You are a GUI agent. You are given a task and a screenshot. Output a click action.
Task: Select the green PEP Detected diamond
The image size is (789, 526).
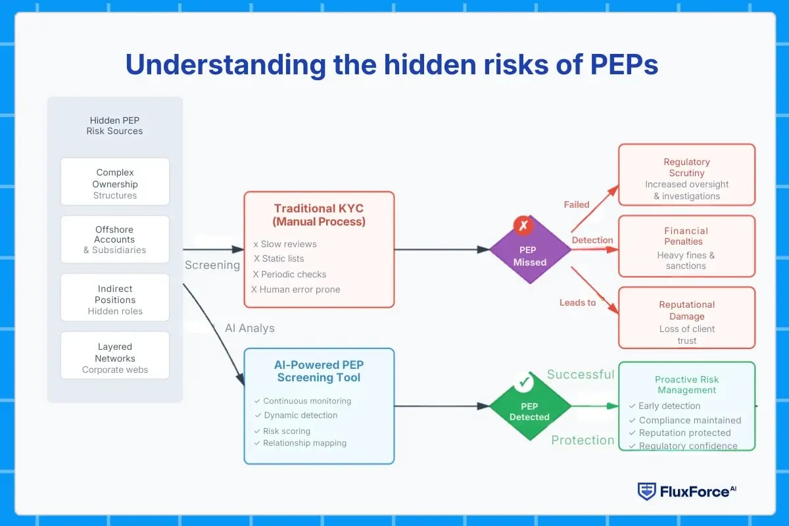click(530, 406)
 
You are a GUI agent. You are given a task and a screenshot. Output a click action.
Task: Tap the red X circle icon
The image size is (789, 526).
click(524, 226)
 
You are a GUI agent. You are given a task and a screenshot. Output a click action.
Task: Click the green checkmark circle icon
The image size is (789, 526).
click(524, 381)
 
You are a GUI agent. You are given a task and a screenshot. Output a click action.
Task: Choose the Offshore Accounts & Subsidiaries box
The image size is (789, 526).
click(115, 239)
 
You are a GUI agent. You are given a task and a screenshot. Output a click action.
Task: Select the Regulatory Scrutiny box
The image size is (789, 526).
click(686, 174)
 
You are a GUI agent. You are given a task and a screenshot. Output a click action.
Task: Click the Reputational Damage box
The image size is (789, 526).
click(686, 318)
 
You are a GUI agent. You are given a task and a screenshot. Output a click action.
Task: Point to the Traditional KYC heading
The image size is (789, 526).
click(319, 215)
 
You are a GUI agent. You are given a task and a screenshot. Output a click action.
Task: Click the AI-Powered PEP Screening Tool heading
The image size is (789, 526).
click(319, 371)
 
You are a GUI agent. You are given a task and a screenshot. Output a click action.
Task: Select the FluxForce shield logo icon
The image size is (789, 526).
click(646, 491)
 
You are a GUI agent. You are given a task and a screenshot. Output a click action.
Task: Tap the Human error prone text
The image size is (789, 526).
click(296, 289)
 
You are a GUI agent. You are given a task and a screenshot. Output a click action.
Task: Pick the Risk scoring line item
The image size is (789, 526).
click(286, 431)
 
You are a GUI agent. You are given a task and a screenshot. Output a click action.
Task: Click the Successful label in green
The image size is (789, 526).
click(581, 375)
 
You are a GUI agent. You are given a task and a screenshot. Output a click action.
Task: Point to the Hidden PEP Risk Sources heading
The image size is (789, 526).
click(115, 126)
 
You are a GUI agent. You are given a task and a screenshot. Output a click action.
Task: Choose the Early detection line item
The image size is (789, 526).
click(669, 406)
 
